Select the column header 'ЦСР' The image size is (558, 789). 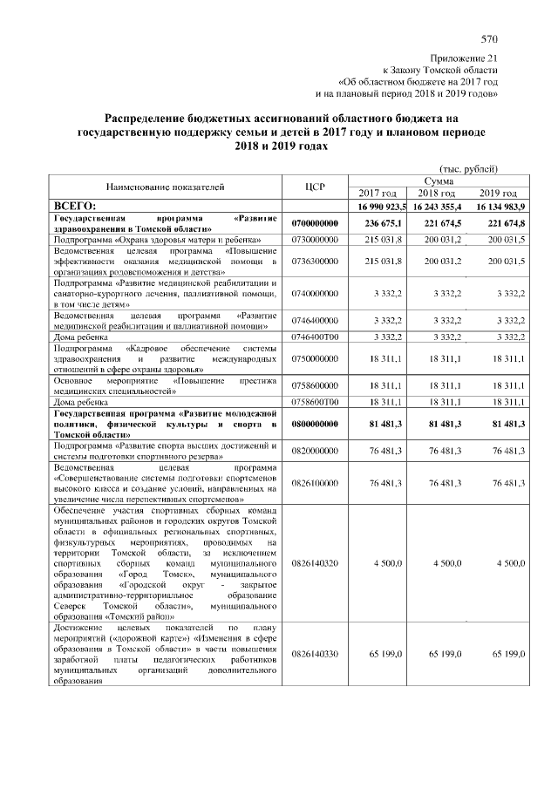315,186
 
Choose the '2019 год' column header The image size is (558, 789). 498,193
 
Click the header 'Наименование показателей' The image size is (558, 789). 166,186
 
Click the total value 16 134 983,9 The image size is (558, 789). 497,205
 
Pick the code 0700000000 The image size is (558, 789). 315,223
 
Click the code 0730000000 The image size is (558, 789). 315,238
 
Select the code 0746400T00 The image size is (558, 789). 315,336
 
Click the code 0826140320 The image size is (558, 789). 315,565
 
